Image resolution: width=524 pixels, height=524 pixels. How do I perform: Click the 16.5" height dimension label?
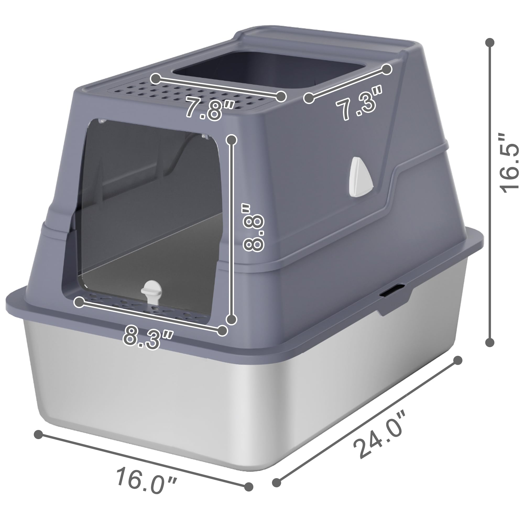click(509, 163)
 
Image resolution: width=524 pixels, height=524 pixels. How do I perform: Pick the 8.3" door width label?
click(148, 338)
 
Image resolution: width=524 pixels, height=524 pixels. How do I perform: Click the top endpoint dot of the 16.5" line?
click(490, 43)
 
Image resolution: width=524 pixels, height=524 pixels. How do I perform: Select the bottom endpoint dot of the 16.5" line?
click(490, 342)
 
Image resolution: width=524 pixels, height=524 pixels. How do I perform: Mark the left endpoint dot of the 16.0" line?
click(39, 434)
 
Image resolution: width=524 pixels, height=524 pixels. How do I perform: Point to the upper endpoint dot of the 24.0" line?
click(458, 361)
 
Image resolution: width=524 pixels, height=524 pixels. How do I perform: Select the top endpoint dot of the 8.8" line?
click(231, 140)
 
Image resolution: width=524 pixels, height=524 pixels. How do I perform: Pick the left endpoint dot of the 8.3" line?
click(80, 302)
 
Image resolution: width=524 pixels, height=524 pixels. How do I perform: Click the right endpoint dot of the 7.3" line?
click(387, 69)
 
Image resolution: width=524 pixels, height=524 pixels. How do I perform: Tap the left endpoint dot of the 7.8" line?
click(156, 79)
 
